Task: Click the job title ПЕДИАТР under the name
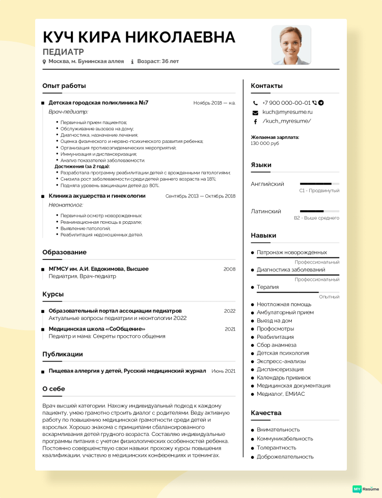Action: click(x=63, y=52)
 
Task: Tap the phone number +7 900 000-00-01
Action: click(x=286, y=103)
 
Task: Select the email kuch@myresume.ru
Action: click(x=287, y=112)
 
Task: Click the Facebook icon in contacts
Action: click(x=256, y=122)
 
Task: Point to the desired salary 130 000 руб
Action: click(x=265, y=143)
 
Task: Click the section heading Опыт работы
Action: click(x=64, y=86)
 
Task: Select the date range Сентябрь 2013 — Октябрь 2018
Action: click(x=200, y=196)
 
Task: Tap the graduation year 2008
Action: click(x=229, y=269)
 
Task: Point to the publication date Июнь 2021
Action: click(x=223, y=371)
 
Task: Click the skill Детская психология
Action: click(x=283, y=353)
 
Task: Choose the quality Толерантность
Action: click(x=277, y=448)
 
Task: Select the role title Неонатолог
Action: click(x=66, y=205)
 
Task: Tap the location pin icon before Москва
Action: click(x=44, y=62)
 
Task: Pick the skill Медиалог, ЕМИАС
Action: click(x=281, y=394)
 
